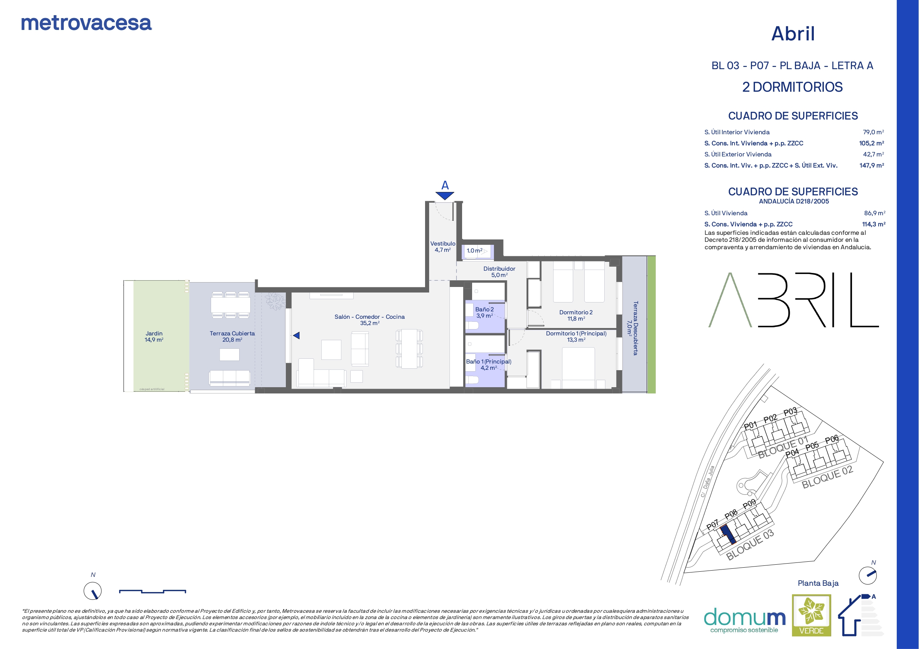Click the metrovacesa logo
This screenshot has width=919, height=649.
tap(86, 23)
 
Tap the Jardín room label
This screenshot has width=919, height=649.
tap(154, 336)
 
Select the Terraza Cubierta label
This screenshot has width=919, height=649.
tap(232, 336)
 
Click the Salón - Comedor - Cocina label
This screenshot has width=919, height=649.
tap(370, 320)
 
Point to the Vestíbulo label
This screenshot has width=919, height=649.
tap(443, 246)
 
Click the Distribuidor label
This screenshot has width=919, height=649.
tap(499, 271)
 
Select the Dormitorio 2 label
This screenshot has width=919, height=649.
tap(576, 315)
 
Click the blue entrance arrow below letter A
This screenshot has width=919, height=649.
tap(445, 196)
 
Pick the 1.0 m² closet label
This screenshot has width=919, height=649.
tap(474, 251)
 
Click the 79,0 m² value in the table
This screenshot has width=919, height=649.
tap(873, 132)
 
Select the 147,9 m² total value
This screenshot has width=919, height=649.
tap(872, 165)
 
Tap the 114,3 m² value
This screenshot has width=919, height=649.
tap(874, 224)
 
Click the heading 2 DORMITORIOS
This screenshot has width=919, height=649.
tap(792, 87)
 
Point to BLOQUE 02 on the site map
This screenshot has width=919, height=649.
tap(827, 477)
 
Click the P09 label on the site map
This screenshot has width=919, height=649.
tap(749, 505)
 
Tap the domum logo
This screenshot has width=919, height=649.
tap(745, 620)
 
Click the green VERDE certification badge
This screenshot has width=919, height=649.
tap(811, 615)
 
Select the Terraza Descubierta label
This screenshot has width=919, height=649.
tap(632, 328)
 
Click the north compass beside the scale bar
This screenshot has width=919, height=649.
tap(93, 590)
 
